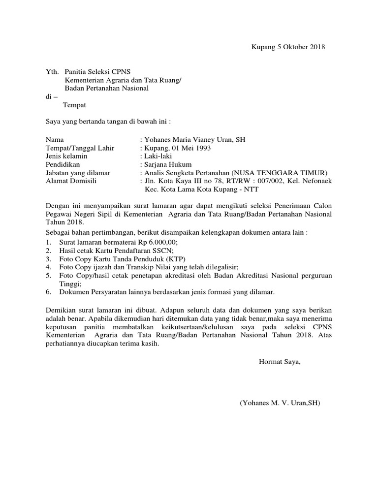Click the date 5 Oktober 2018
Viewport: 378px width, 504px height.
[300, 47]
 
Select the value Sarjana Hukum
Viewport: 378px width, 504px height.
[167, 164]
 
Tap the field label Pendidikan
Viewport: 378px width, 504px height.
[63, 164]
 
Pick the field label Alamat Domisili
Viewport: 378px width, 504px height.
[71, 181]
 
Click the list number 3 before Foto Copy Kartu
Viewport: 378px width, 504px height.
[48, 259]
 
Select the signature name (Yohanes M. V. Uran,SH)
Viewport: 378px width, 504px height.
[280, 403]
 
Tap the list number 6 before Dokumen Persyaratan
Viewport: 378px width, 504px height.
[48, 292]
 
